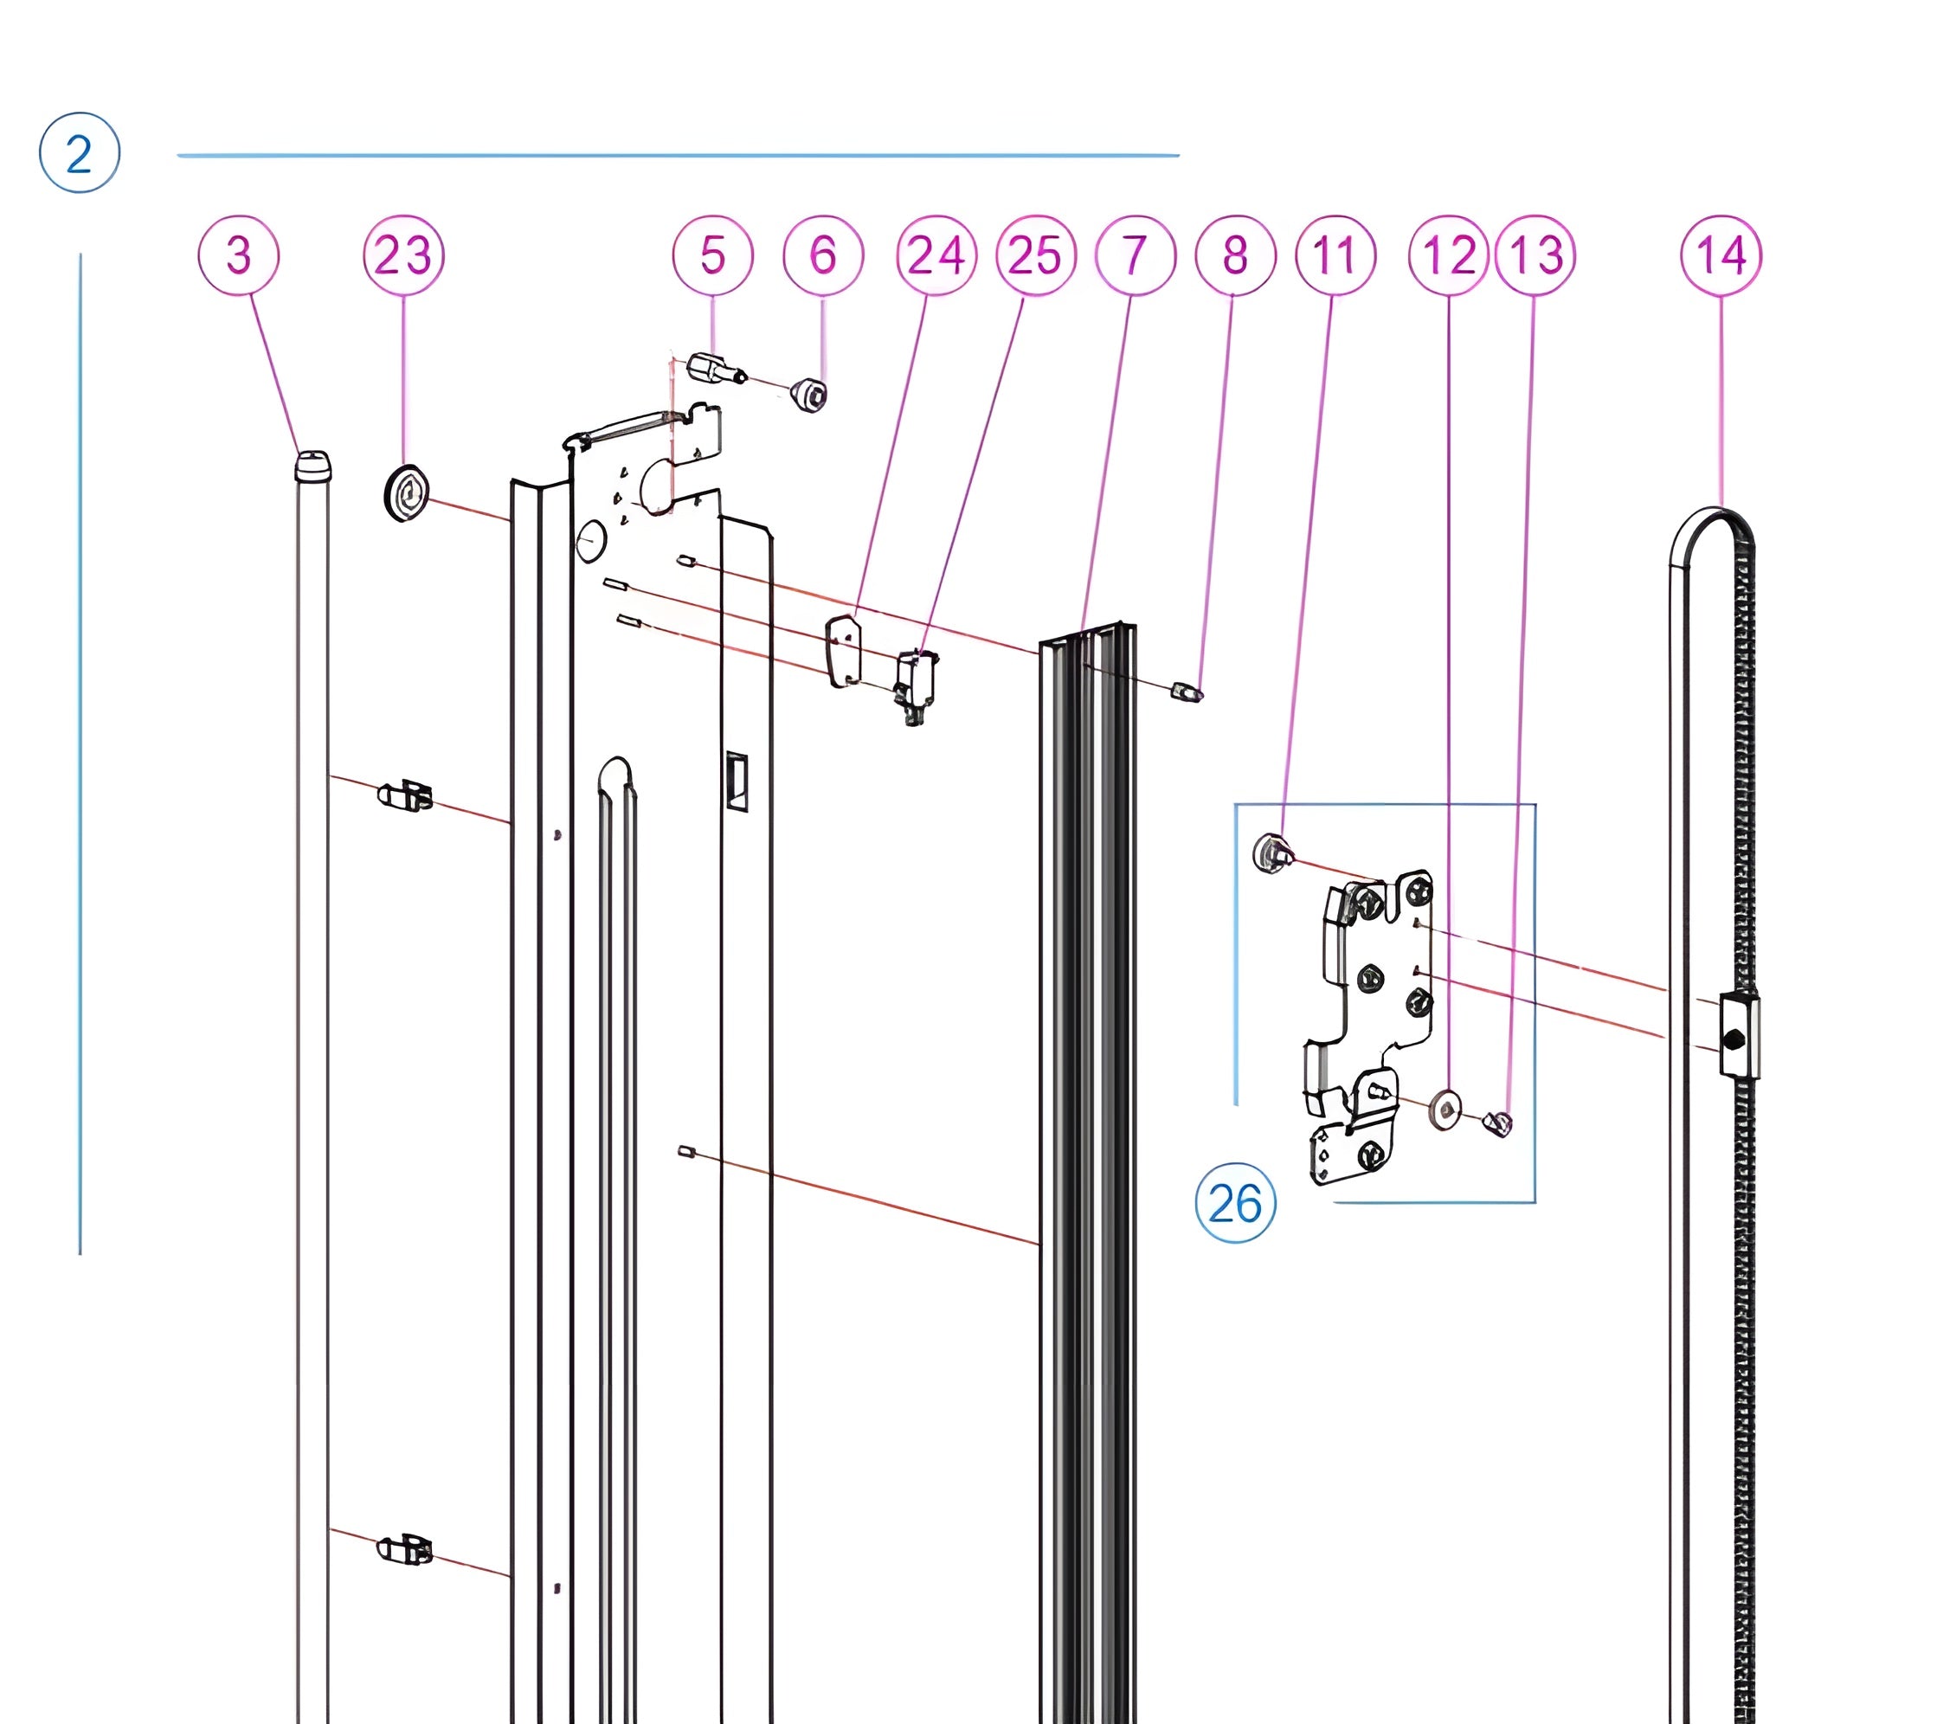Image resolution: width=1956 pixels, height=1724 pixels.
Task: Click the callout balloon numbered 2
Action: pos(80,153)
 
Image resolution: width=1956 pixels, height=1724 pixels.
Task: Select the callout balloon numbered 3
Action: pos(238,255)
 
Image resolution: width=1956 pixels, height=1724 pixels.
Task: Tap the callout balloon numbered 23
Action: pos(402,255)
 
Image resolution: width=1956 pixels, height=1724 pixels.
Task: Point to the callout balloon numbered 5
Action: pos(713,255)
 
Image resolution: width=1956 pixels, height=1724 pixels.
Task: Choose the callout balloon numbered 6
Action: pos(823,255)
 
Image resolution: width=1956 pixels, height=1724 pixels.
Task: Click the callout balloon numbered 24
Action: pos(936,255)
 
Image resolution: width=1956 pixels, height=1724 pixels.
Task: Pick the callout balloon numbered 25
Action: pos(1035,255)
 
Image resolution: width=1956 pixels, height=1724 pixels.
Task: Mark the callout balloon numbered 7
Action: pos(1135,255)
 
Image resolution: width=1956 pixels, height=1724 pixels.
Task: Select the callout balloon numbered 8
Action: pos(1235,255)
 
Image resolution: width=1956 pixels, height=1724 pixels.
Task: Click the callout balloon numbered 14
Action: pos(1721,255)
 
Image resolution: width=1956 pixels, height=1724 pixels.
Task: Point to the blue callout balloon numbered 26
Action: pos(1235,1203)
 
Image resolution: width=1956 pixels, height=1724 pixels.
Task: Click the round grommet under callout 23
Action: pos(406,492)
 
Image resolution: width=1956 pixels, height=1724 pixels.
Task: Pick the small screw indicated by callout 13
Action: pos(1497,1123)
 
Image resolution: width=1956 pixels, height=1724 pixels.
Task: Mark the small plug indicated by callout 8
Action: pos(1187,692)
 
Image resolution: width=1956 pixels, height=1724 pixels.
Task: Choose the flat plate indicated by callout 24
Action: pos(843,651)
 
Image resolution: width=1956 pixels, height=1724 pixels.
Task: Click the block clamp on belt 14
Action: pos(1738,1036)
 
